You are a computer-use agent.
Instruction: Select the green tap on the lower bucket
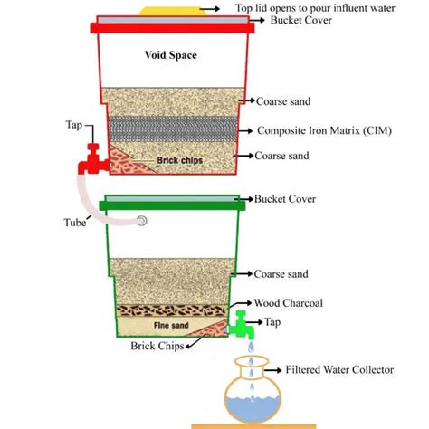[x=240, y=322]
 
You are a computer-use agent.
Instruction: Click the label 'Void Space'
[x=171, y=55]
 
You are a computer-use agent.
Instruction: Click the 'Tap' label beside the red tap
[x=75, y=123]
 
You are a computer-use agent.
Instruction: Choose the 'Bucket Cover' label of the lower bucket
[x=281, y=197]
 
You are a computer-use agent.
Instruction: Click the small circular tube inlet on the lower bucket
[x=140, y=220]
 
